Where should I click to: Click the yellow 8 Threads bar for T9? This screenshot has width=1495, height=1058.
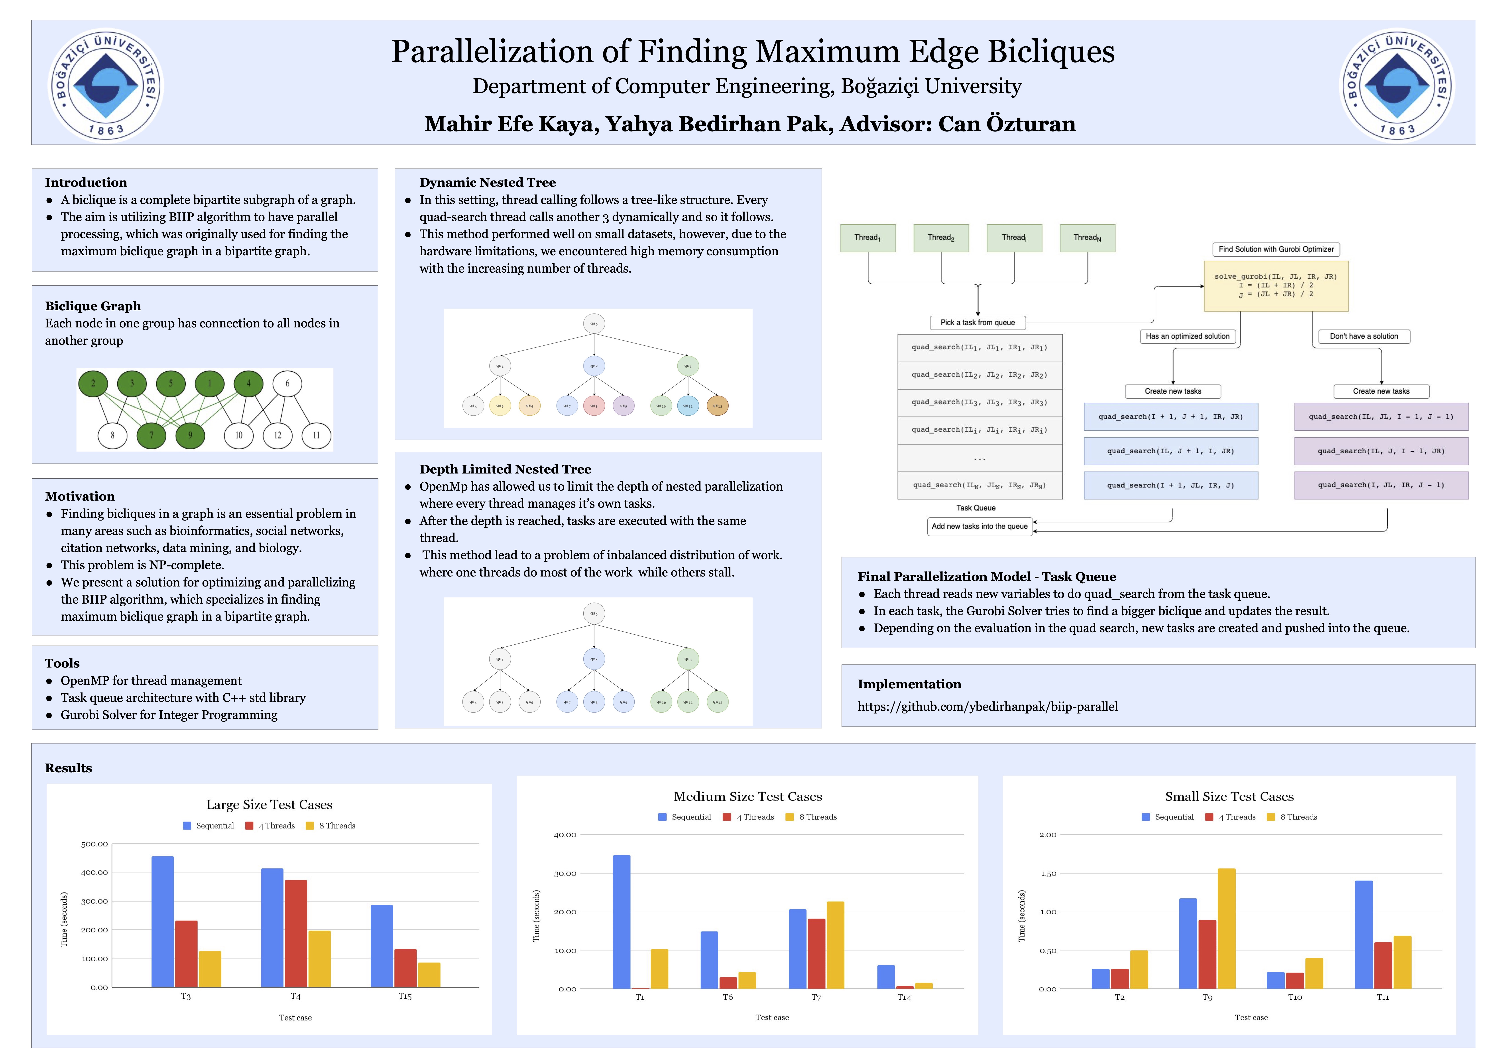1226,928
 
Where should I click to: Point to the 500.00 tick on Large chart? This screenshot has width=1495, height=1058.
94,844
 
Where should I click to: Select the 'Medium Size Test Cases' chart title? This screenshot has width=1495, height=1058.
747,796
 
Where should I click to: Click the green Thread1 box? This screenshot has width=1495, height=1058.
868,238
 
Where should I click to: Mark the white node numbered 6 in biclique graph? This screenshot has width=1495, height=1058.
287,383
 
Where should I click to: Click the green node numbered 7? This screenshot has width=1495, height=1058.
152,435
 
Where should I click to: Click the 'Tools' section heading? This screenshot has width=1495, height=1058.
62,663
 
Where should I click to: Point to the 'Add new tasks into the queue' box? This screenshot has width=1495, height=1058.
979,526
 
